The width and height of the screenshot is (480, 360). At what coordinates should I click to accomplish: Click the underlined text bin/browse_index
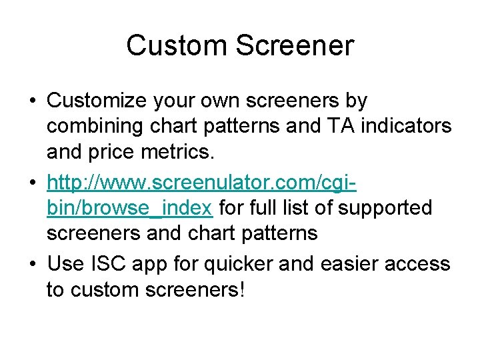[x=130, y=209]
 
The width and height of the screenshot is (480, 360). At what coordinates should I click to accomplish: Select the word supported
[x=385, y=209]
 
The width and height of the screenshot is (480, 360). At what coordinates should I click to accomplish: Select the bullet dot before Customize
[x=33, y=101]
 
